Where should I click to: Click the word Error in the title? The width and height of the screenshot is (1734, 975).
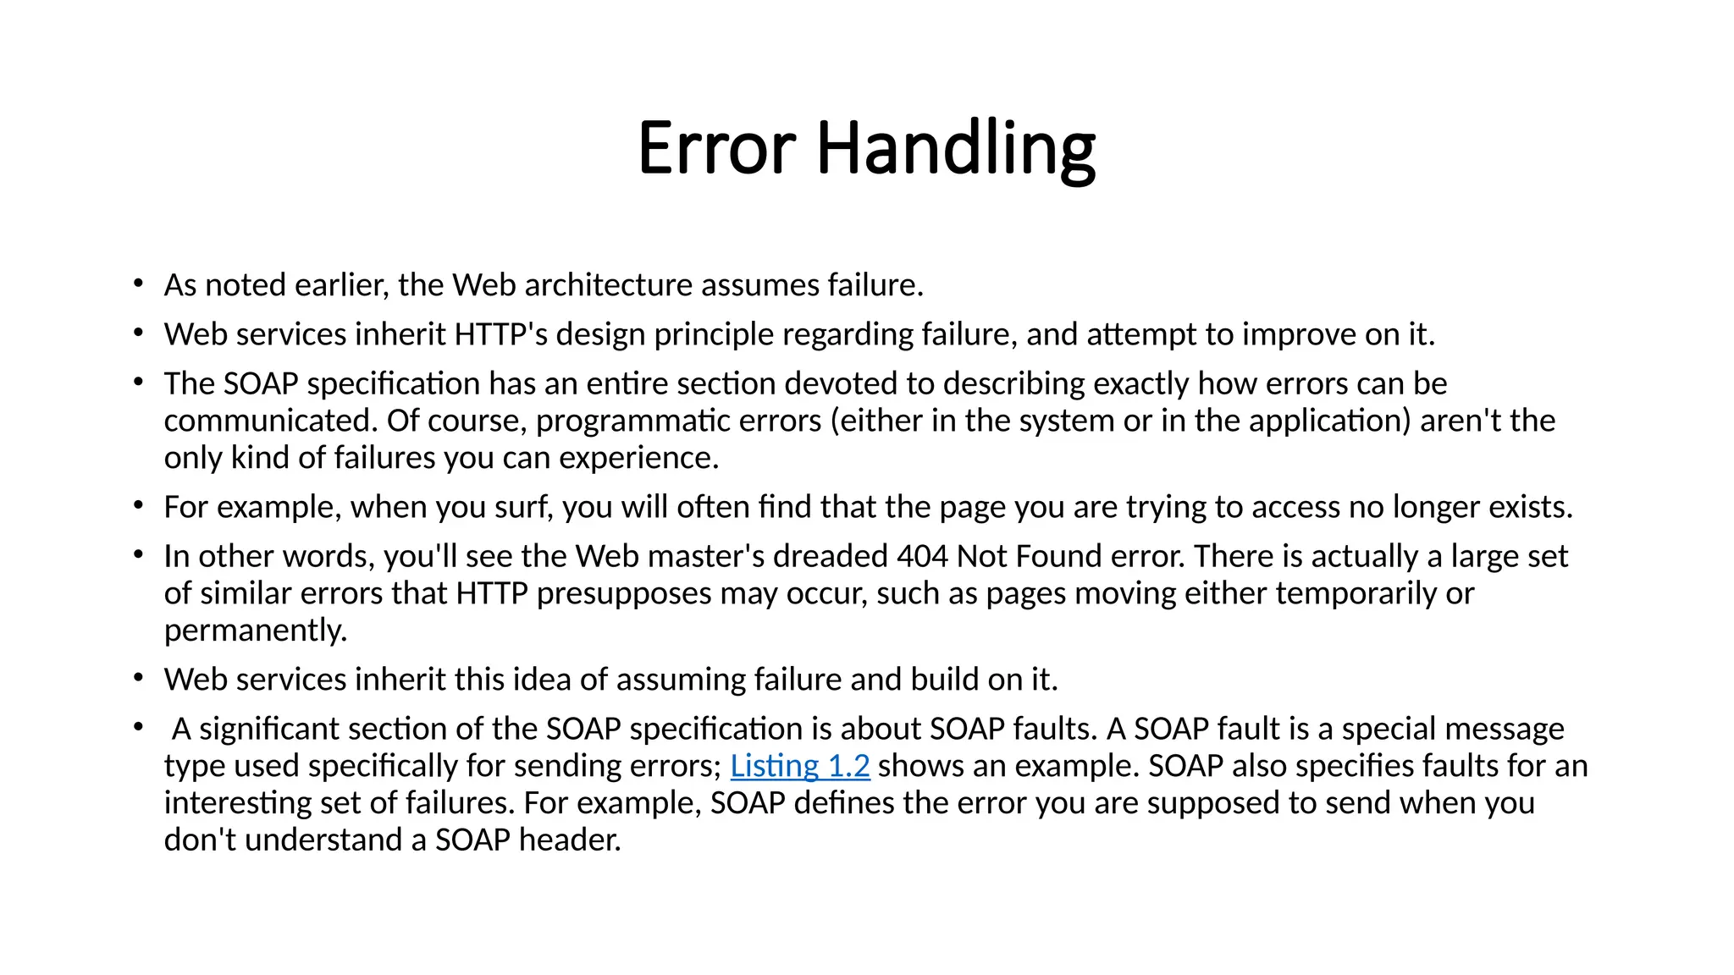[716, 149]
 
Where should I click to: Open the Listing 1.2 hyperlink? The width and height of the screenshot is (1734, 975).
[799, 766]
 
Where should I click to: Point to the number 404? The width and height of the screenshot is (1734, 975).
[922, 556]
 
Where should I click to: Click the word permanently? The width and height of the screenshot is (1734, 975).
[256, 631]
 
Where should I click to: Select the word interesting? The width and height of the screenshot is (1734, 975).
[238, 803]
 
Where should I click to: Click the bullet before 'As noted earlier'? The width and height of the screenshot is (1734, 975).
[138, 284]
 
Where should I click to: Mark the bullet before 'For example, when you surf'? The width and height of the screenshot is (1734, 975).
[138, 505]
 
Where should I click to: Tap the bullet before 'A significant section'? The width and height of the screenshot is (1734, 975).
[138, 727]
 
